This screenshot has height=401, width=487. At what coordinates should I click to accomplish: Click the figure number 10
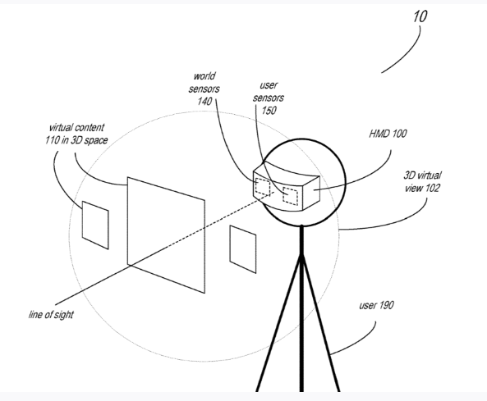click(420, 16)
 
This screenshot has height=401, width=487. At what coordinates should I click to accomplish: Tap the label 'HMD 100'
click(388, 134)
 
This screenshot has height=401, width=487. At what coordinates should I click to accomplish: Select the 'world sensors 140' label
click(204, 89)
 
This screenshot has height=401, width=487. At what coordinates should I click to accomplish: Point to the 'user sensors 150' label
click(269, 98)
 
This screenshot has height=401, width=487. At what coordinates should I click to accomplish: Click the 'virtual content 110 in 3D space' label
click(76, 134)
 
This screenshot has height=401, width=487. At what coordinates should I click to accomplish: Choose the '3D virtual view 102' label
click(422, 181)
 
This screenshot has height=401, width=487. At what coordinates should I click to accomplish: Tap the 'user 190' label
click(376, 305)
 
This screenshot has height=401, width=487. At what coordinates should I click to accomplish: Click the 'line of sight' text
click(51, 314)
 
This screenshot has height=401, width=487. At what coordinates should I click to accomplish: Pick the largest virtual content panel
click(166, 235)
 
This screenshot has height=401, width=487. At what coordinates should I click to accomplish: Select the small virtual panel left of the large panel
click(95, 225)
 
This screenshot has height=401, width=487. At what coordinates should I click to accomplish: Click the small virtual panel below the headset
click(243, 249)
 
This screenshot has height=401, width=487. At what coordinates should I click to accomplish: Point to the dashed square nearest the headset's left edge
click(263, 187)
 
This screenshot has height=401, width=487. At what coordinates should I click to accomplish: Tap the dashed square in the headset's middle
click(291, 196)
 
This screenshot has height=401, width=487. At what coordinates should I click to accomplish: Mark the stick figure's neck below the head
click(301, 239)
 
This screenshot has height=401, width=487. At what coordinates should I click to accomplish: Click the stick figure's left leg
click(278, 322)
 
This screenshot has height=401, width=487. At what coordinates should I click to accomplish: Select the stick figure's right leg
click(321, 322)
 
